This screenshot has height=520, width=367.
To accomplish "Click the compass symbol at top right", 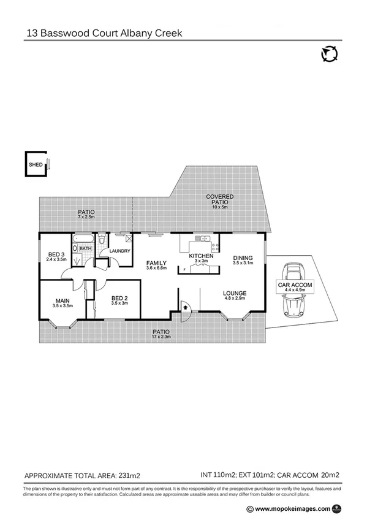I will [329, 55].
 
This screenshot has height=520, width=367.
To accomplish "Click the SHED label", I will [36, 165].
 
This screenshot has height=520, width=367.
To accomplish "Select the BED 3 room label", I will [56, 254].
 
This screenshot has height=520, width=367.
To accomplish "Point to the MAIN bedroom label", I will [63, 300].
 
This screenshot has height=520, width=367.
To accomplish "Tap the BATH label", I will [85, 248].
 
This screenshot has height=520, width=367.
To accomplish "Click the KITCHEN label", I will [200, 256].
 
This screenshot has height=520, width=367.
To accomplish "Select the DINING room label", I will [243, 258].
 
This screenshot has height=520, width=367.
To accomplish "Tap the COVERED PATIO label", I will [219, 199].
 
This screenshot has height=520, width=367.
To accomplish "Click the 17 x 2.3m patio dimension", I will [161, 337].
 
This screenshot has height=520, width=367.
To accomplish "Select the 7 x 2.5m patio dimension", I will [86, 217].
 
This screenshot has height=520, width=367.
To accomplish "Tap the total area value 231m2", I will [129, 475].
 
